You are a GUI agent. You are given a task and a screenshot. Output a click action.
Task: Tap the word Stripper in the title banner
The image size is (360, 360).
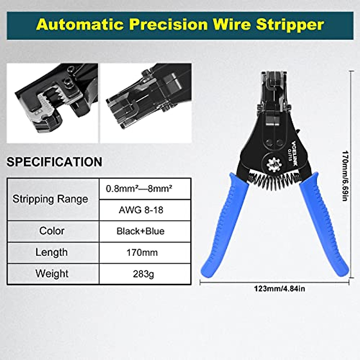pyautogui.click(x=290, y=25)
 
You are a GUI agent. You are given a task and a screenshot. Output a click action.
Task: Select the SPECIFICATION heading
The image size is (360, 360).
pyautogui.click(x=54, y=162)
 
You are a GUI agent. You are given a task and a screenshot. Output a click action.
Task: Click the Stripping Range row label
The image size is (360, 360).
pyautogui.click(x=50, y=199)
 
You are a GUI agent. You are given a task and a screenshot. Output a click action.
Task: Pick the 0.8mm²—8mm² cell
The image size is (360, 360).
pyautogui.click(x=139, y=189)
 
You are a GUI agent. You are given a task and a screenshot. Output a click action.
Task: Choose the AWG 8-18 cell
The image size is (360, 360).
pyautogui.click(x=141, y=210)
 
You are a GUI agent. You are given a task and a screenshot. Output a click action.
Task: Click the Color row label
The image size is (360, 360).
pyautogui.click(x=52, y=231)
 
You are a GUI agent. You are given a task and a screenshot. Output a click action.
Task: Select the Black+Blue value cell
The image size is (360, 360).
pyautogui.click(x=140, y=231)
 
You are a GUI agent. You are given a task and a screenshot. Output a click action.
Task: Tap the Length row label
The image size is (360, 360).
pyautogui.click(x=51, y=252)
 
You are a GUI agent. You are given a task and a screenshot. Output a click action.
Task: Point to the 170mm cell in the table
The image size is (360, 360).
pyautogui.click(x=142, y=253)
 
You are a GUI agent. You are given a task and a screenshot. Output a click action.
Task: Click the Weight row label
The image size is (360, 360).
pyautogui.click(x=52, y=274)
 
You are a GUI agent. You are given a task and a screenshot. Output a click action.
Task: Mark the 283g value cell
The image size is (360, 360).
pyautogui.click(x=143, y=274)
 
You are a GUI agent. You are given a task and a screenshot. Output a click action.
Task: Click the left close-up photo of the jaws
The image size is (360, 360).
pyautogui.click(x=52, y=103)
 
